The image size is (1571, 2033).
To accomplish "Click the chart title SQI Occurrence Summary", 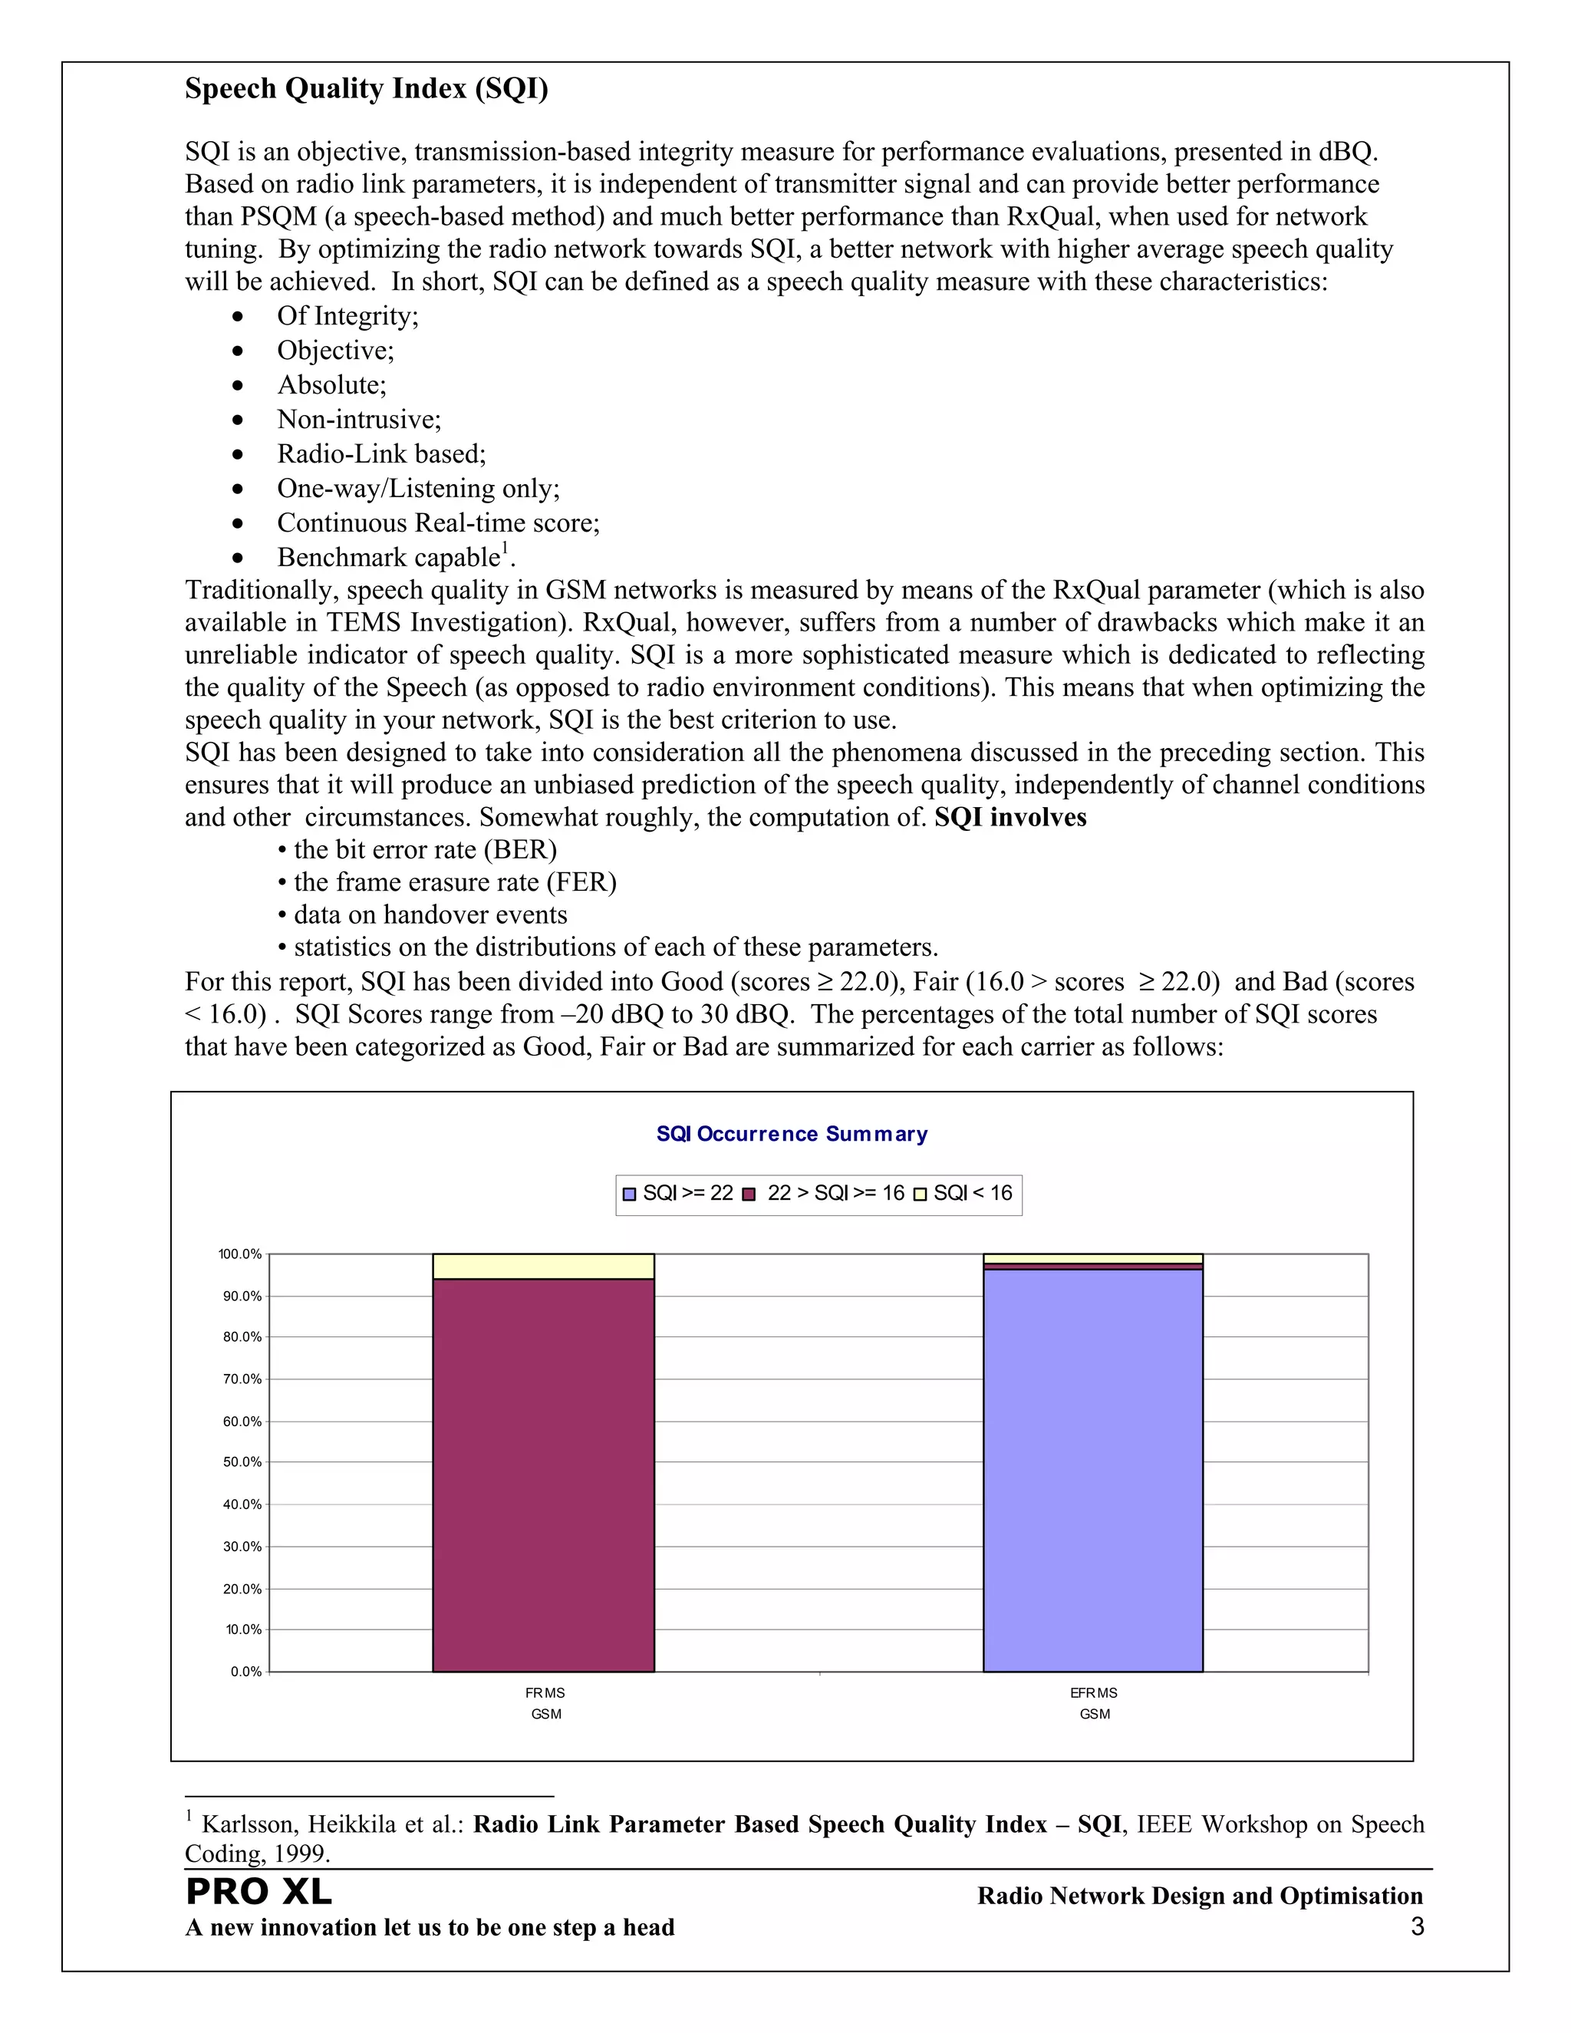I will [791, 1134].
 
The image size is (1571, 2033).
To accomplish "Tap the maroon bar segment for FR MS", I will [544, 1475].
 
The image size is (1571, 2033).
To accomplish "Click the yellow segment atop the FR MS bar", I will [544, 1267].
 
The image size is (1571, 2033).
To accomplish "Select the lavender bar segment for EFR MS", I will [1092, 1471].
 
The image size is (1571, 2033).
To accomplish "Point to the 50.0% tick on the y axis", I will [242, 1462].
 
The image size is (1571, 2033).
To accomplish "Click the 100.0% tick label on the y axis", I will [240, 1255].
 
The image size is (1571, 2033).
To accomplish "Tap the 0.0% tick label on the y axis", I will [245, 1672].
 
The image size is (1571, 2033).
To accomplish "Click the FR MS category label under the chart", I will [545, 1693].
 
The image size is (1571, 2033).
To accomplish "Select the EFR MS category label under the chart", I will [1094, 1693].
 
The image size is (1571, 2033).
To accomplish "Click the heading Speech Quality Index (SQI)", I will [367, 88].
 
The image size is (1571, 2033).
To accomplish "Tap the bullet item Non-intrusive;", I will [359, 420].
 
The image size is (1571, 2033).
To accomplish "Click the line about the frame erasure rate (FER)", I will [454, 882].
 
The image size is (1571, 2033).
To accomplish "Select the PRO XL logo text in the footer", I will [259, 1893].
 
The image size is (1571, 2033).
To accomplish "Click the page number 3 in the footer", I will [1417, 1927].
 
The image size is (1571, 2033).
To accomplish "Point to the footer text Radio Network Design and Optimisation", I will [1200, 1896].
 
